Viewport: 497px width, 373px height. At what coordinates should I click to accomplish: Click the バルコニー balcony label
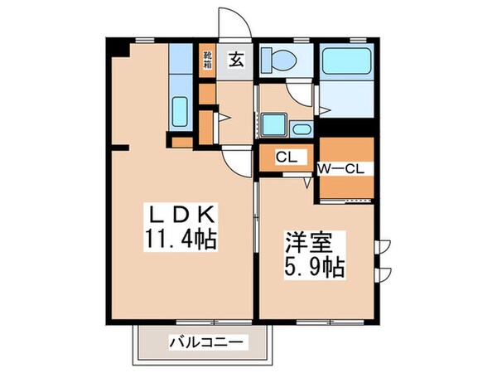tap(205, 342)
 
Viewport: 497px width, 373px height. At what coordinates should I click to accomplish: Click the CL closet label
tap(286, 156)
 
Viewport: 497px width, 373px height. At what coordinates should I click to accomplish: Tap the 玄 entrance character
tap(235, 59)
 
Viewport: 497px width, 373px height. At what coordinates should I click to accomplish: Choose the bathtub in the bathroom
tap(347, 61)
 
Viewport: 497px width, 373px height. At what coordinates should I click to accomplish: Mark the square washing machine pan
tap(273, 125)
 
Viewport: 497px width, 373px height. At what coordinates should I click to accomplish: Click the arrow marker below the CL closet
tap(307, 179)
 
